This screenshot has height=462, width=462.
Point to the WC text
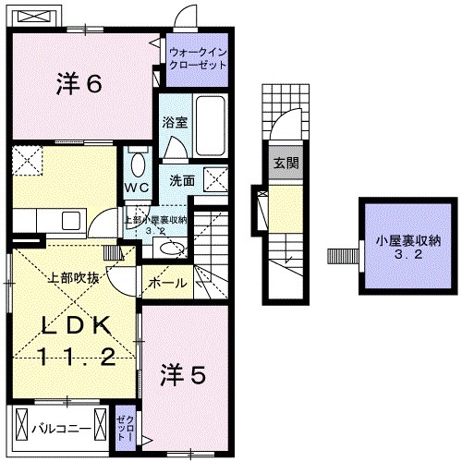(x=137, y=185)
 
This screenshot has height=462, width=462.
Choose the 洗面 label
(x=182, y=181)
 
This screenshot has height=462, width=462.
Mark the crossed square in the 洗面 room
(x=215, y=179)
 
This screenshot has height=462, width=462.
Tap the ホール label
(x=167, y=283)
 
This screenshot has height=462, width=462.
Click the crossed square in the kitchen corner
(x=27, y=158)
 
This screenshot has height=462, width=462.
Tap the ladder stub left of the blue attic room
(x=343, y=253)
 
